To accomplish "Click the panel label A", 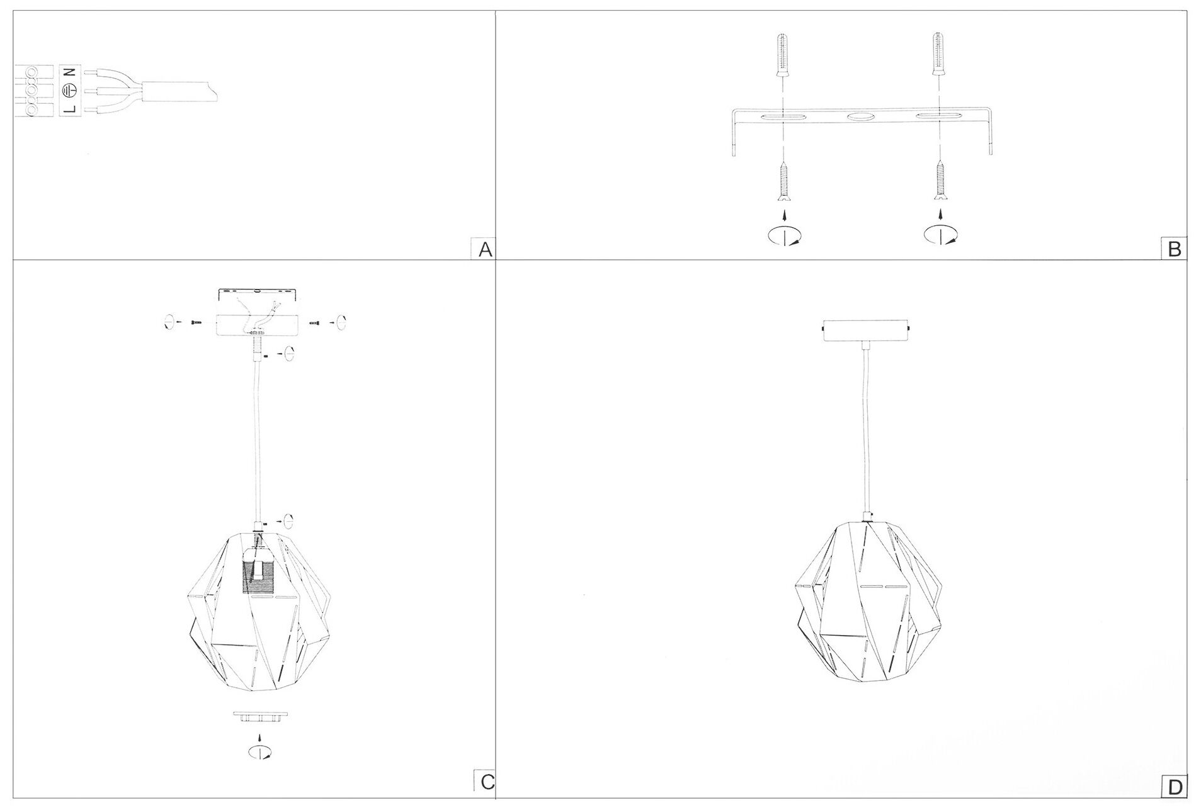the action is (485, 250).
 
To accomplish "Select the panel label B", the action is (1175, 250).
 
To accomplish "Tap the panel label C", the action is (487, 782).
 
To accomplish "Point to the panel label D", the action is (1175, 787).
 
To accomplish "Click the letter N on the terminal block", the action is (71, 72).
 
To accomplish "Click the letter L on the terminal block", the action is (71, 109).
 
